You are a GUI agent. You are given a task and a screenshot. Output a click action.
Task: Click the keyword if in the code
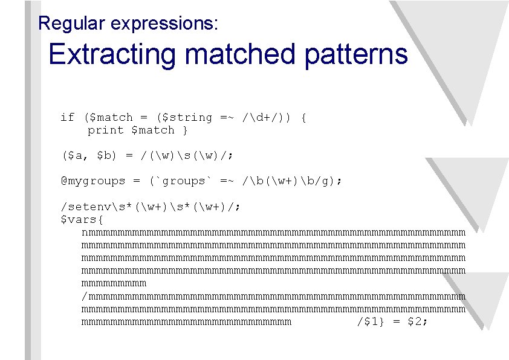pos(67,117)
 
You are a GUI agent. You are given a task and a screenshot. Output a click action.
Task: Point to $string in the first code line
pos(187,117)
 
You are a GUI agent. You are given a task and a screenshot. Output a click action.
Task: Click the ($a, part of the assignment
pos(74,155)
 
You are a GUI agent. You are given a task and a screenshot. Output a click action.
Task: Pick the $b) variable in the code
pos(108,155)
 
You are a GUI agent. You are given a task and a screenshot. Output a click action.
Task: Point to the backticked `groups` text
pos(181,181)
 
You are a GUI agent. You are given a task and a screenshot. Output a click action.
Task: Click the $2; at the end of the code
pos(418,322)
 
